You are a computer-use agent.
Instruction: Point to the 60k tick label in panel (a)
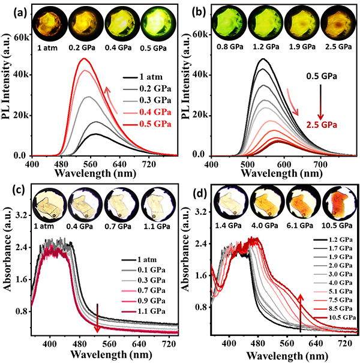22,37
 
